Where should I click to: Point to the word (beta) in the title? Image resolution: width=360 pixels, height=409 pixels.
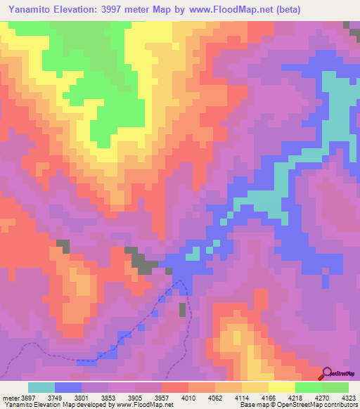click(290, 9)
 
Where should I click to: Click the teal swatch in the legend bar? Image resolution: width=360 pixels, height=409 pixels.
click(41, 387)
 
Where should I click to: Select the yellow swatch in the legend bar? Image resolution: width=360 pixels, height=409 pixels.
click(281, 387)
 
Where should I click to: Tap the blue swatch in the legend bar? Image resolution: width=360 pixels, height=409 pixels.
click(68, 387)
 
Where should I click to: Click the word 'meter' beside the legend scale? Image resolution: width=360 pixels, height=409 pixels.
click(10, 397)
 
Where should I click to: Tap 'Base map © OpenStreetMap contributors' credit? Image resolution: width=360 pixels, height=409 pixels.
click(298, 405)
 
